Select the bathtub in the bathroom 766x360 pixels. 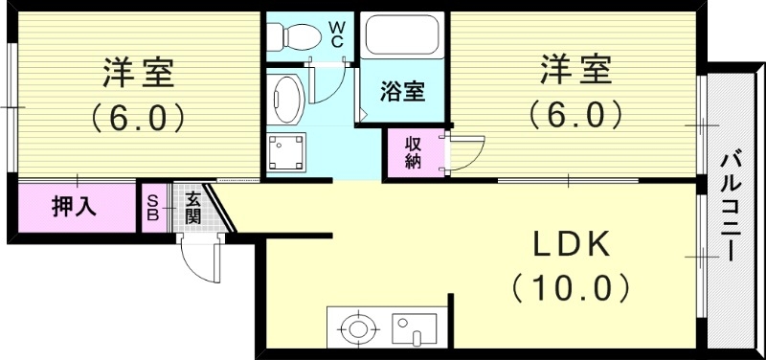click(399, 37)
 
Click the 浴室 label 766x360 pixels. click(402, 93)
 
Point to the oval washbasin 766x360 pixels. click(286, 97)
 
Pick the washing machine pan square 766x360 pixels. click(286, 149)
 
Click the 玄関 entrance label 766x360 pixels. click(193, 207)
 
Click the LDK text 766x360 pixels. click(572, 245)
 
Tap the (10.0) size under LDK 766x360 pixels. click(572, 285)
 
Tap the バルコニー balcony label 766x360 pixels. click(732, 206)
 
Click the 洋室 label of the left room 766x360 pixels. click(138, 72)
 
